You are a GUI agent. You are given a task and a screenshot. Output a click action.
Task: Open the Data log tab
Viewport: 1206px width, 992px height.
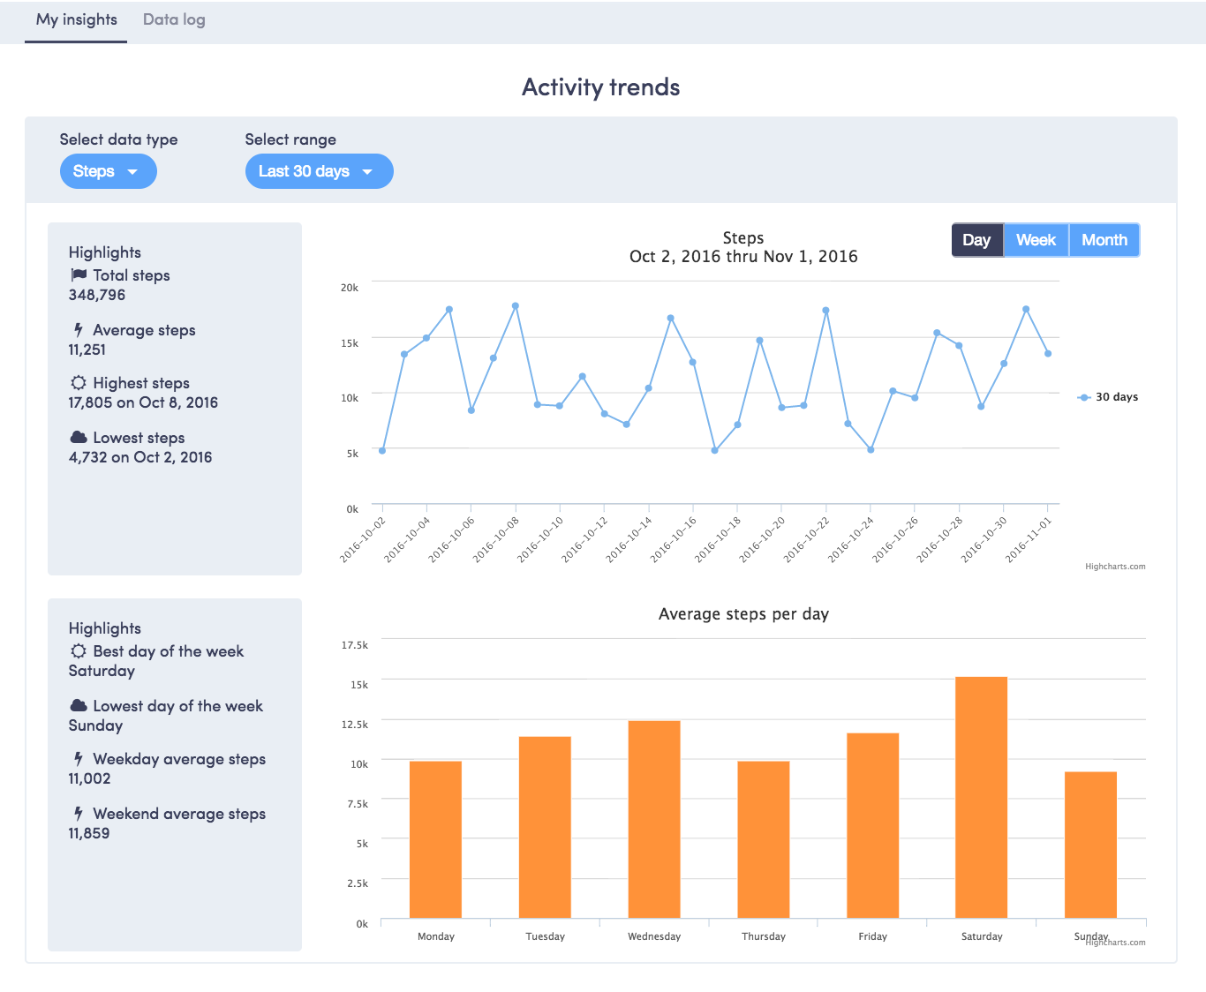tap(174, 19)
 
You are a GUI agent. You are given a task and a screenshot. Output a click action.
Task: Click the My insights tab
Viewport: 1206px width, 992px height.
tap(76, 19)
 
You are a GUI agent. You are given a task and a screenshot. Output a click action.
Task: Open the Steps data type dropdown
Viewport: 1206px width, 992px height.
tap(108, 171)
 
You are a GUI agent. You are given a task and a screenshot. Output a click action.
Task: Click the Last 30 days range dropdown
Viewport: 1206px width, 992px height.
tap(319, 171)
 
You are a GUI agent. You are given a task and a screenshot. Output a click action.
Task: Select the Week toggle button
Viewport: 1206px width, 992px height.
tap(1036, 240)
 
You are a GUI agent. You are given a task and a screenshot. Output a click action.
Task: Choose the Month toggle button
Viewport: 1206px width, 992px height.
tap(1104, 240)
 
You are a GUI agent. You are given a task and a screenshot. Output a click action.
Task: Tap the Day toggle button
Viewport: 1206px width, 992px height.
tap(976, 240)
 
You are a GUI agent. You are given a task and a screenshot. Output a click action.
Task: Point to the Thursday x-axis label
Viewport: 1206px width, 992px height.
tap(764, 936)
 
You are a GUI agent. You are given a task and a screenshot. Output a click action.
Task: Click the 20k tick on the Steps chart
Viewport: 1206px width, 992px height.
tap(350, 288)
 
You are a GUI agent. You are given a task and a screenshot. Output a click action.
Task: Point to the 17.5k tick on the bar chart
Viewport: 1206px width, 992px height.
tap(355, 645)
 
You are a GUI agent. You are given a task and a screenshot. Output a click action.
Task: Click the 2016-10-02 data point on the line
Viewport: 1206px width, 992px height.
tap(382, 450)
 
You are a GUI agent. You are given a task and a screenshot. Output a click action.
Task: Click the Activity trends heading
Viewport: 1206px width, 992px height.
tap(601, 87)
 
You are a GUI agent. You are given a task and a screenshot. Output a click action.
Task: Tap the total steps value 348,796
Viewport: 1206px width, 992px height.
tap(97, 295)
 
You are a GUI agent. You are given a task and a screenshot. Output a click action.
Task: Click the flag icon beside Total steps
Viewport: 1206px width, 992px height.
tap(79, 275)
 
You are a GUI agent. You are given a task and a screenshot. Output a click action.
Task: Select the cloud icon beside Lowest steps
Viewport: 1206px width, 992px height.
tap(79, 438)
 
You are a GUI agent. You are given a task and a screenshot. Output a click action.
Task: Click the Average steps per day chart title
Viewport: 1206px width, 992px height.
tap(743, 614)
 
